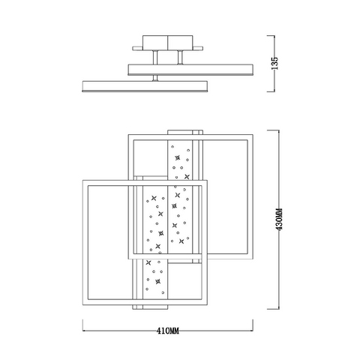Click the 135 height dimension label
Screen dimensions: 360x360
(x=274, y=64)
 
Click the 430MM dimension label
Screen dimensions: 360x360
(x=280, y=219)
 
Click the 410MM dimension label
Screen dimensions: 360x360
(x=168, y=331)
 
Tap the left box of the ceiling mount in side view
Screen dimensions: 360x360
(x=155, y=43)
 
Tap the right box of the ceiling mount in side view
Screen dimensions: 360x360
(x=180, y=43)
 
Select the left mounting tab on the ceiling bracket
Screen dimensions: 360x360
(x=137, y=48)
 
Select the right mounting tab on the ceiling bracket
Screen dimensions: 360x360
(x=198, y=48)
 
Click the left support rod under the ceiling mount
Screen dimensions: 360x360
(x=155, y=57)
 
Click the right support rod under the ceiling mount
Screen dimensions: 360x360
(x=180, y=57)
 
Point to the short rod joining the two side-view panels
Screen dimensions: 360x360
(x=155, y=78)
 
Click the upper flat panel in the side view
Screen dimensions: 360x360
(x=190, y=70)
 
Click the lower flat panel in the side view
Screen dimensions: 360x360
(x=145, y=86)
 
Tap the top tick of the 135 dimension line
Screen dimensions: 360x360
(x=271, y=36)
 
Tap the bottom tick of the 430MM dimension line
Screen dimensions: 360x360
(x=273, y=309)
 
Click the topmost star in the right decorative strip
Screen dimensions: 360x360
(x=178, y=157)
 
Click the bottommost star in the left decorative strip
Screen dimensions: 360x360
(x=157, y=281)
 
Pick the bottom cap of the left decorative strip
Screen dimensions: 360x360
(x=150, y=307)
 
